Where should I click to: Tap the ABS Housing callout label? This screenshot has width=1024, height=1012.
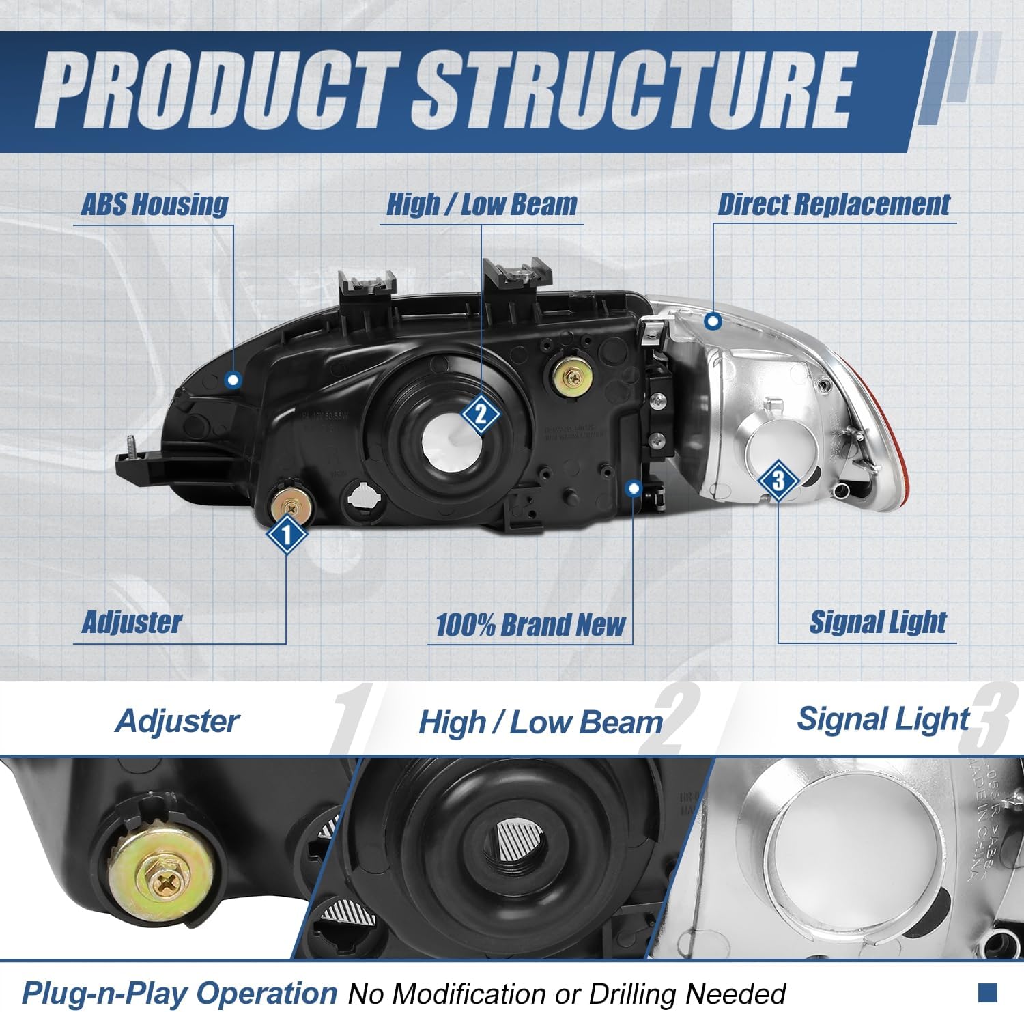tap(155, 204)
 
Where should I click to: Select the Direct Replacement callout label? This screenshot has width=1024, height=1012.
tap(834, 204)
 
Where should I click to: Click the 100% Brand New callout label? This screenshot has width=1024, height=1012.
tap(530, 625)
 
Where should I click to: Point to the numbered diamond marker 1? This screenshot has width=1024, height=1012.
tap(287, 534)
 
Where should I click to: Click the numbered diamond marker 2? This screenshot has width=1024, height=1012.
tap(481, 413)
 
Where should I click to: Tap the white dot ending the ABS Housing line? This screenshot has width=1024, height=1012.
tap(233, 380)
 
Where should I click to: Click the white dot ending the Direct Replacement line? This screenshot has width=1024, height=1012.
tap(713, 320)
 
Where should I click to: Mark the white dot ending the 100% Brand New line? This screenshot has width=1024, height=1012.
tap(634, 488)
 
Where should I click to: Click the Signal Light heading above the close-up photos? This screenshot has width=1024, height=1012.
tap(883, 719)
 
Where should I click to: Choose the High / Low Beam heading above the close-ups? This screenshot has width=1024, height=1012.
tap(540, 722)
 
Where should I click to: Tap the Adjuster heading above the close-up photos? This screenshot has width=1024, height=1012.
tap(177, 721)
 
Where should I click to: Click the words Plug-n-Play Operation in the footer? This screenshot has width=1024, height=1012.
tap(180, 993)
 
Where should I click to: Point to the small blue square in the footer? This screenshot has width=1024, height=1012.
tap(987, 991)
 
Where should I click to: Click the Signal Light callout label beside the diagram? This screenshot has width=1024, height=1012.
tap(878, 622)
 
